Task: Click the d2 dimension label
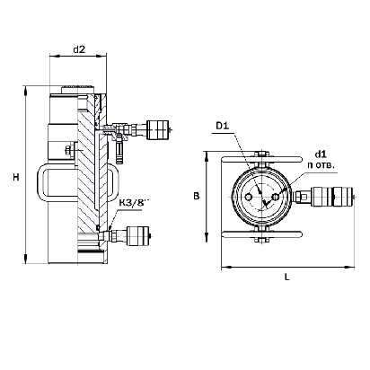[79, 49]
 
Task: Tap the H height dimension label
[16, 177]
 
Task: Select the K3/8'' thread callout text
[134, 203]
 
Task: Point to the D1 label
[223, 126]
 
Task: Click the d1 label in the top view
[321, 154]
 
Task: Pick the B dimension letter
[197, 197]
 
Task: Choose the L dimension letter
[287, 277]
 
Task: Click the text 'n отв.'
[321, 165]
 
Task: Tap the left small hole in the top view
[248, 197]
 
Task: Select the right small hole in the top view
[275, 197]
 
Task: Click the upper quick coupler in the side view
[158, 129]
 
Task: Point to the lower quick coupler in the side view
[138, 236]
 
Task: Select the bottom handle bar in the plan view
[261, 234]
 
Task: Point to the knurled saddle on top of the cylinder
[77, 90]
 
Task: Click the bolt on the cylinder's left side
[69, 149]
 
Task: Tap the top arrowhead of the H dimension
[26, 90]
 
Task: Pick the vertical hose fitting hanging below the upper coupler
[119, 150]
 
